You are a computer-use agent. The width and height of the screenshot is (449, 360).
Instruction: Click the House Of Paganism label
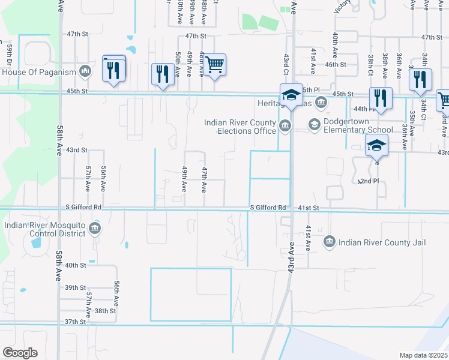tap(39, 72)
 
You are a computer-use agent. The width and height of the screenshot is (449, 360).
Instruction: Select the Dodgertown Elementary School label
tap(358, 125)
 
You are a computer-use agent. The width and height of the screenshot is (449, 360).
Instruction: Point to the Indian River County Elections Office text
tap(240, 127)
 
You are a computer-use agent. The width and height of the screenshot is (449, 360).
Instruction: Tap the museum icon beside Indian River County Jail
tap(329, 242)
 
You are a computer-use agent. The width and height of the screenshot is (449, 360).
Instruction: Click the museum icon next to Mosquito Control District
tap(94, 229)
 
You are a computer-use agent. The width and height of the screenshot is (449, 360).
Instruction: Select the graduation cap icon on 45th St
tap(291, 95)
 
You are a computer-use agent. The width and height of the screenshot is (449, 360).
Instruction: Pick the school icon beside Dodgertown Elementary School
tap(314, 124)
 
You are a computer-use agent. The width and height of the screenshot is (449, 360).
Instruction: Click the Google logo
tap(20, 353)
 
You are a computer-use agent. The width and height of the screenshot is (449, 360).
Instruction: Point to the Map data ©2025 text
tap(423, 355)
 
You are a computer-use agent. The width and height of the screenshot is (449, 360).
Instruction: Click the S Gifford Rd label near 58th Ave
tap(85, 207)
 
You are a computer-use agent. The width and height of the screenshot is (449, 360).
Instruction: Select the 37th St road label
tap(76, 322)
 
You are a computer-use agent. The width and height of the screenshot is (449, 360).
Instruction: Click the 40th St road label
tap(76, 265)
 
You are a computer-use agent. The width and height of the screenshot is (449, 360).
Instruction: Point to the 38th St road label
tap(104, 311)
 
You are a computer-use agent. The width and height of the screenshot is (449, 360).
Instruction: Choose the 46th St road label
tap(336, 64)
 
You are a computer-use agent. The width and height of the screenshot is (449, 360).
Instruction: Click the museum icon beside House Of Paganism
tap(85, 71)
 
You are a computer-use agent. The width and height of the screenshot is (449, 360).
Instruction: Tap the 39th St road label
tap(76, 288)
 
